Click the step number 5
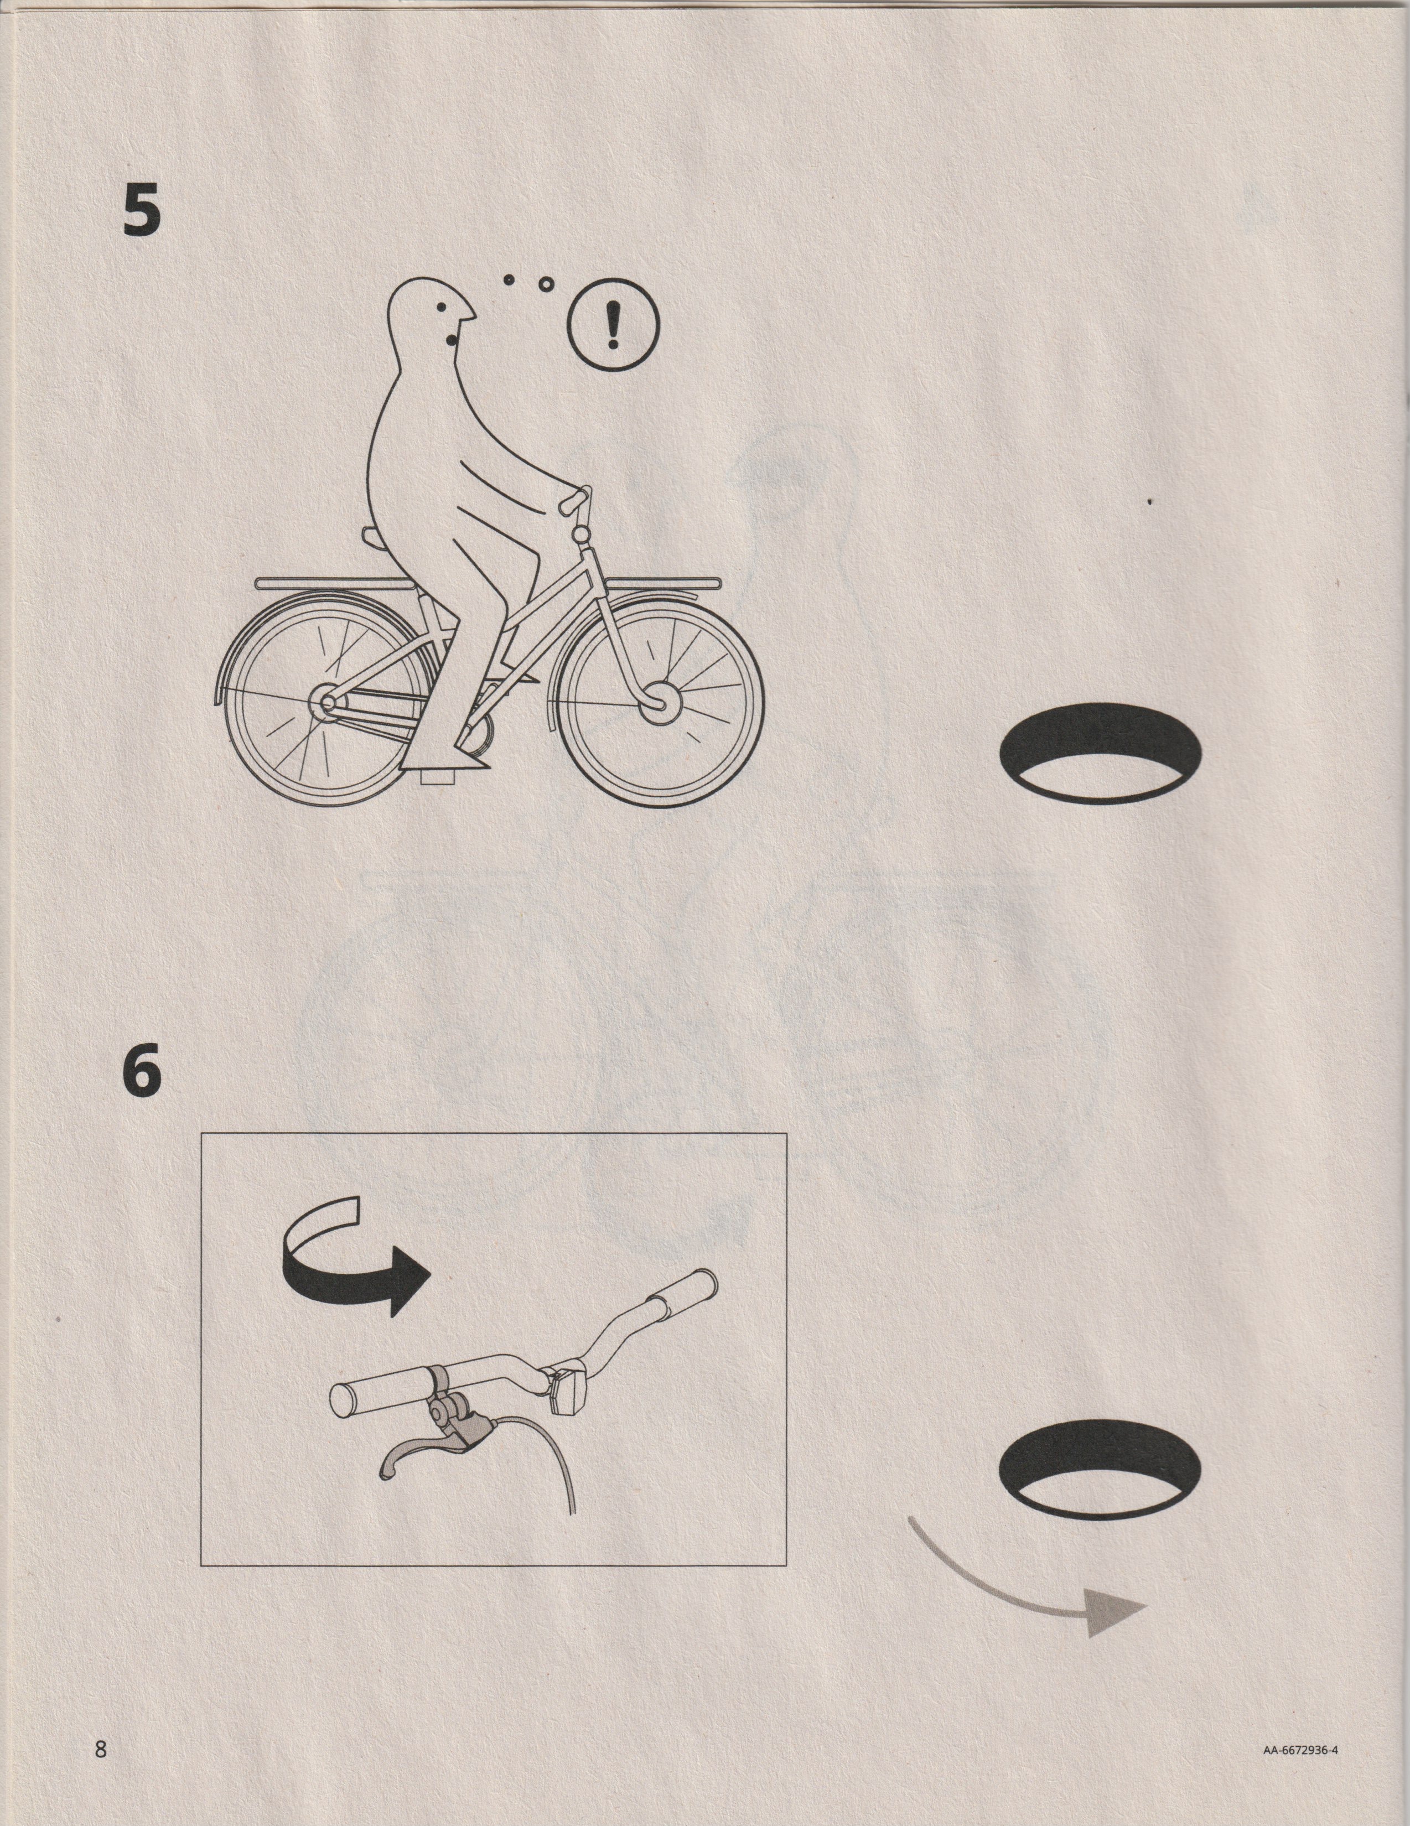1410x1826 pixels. click(141, 210)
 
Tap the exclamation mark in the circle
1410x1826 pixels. click(613, 325)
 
